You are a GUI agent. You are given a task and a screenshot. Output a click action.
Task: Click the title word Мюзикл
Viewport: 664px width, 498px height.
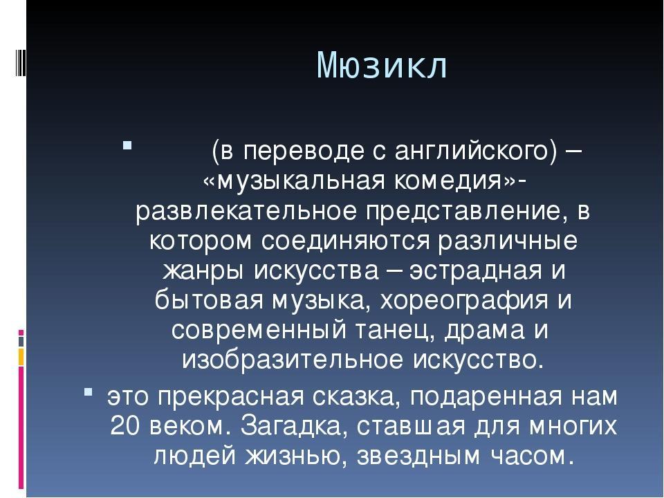click(382, 66)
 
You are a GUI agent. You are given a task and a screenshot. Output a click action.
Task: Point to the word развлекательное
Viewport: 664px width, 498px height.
click(246, 212)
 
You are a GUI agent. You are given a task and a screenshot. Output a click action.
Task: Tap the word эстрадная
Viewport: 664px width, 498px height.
click(476, 271)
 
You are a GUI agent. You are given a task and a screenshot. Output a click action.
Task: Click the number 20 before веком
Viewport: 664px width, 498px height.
click(125, 427)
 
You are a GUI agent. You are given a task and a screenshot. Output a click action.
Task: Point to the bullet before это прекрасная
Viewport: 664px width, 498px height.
click(88, 391)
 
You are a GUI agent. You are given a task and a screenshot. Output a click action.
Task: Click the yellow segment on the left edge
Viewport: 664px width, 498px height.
click(21, 357)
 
